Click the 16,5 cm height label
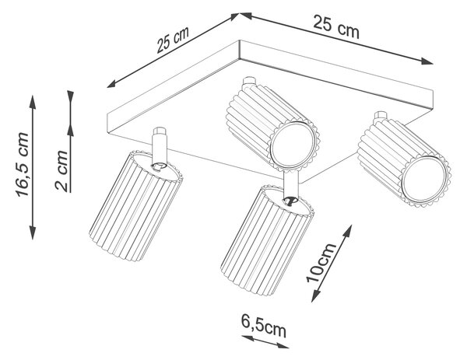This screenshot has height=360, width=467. click(23, 165)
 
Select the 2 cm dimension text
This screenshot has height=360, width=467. click(61, 170)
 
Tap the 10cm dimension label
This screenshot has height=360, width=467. click(321, 263)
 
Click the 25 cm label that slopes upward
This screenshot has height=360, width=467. click(173, 40)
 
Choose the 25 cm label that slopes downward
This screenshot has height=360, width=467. click(336, 26)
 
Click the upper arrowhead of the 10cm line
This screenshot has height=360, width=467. click(348, 231)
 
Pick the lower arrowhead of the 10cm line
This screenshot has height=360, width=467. click(315, 295)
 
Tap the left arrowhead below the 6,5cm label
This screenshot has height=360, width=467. click(247, 337)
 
